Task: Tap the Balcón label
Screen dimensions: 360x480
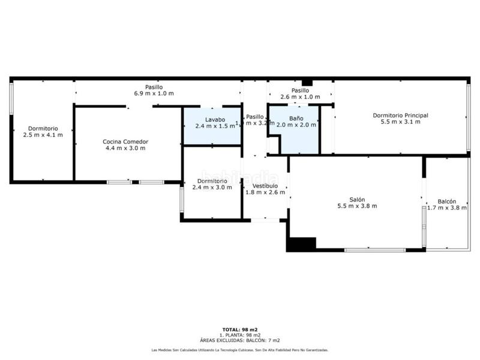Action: (446, 202)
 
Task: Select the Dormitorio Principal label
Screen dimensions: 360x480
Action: (400, 115)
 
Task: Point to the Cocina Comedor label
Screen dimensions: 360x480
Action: (125, 142)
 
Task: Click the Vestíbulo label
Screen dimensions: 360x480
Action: (265, 186)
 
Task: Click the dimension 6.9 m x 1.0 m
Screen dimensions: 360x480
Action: (154, 94)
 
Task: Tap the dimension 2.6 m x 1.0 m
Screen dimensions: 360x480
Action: (300, 97)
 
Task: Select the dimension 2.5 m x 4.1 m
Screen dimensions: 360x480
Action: (43, 135)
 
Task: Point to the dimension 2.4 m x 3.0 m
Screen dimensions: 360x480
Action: (212, 187)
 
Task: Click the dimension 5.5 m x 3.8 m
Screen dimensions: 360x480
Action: (356, 206)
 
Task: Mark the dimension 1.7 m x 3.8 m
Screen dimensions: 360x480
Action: (446, 208)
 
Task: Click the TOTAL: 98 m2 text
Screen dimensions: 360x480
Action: (239, 329)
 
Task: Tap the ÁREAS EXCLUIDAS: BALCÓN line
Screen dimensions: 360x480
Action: (239, 340)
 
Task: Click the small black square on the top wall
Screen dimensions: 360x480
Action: (307, 82)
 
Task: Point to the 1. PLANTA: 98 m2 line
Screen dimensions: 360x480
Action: (239, 335)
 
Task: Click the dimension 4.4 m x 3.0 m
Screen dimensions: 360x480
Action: (125, 148)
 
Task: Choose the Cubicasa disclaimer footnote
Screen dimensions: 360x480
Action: (239, 350)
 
